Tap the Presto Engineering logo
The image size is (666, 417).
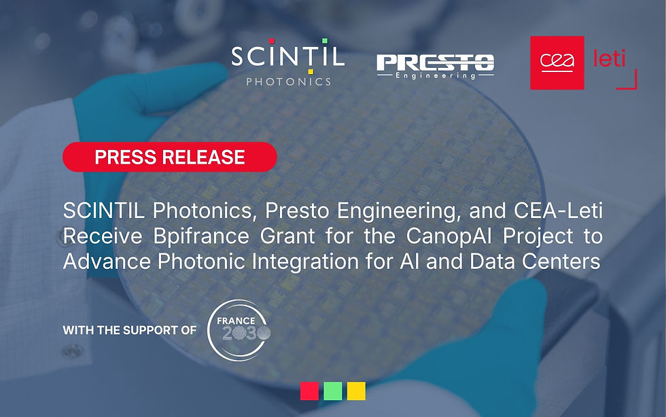435,65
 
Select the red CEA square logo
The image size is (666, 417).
557,62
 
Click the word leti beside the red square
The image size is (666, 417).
604,59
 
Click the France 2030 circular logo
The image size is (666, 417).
234,329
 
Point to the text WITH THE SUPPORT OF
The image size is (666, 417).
130,330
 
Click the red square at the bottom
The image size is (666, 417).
309,391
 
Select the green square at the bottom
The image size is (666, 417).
333,391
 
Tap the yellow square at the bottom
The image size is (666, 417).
356,391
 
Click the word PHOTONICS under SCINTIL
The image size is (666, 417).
288,81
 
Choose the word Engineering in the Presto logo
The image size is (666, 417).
436,76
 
